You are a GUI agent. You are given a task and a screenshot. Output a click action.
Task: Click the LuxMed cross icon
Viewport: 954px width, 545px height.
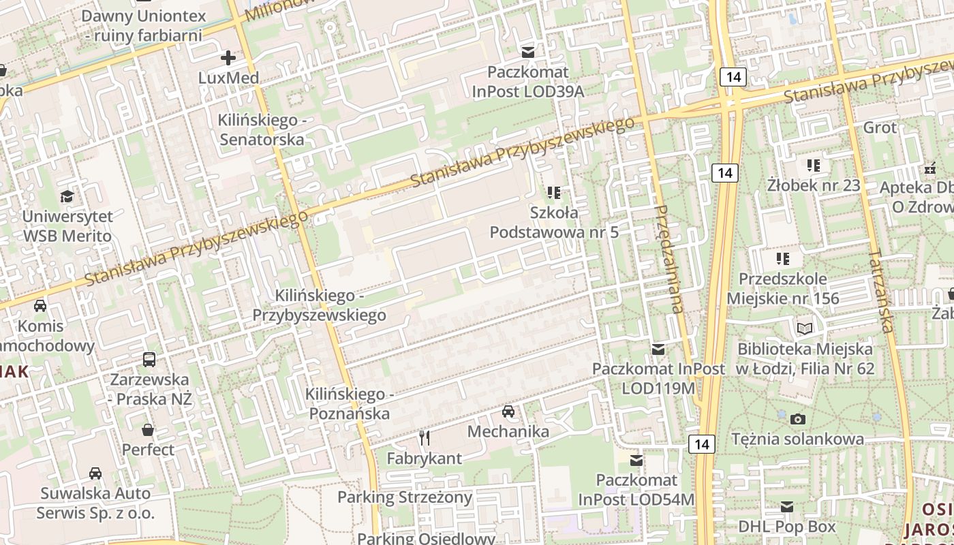click(x=228, y=57)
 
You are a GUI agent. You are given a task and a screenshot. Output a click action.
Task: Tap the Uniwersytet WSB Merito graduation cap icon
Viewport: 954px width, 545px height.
click(x=67, y=197)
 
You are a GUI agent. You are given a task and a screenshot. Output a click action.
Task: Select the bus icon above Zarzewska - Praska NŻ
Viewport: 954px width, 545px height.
click(x=149, y=359)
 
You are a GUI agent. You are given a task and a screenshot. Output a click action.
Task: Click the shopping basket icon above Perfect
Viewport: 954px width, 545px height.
click(x=148, y=430)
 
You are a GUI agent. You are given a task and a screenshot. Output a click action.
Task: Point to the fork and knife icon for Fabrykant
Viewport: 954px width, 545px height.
click(x=425, y=437)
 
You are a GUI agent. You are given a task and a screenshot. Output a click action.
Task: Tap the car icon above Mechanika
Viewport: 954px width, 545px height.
click(x=508, y=411)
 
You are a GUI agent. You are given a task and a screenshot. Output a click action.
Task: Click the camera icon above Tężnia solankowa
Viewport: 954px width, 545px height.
click(x=798, y=418)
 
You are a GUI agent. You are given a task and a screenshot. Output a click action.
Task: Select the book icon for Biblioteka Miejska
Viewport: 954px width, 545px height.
click(x=805, y=328)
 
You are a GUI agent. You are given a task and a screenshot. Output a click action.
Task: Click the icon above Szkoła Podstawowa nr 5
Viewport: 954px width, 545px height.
click(x=553, y=193)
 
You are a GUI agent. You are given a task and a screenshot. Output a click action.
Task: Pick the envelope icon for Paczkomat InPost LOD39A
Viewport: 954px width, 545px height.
click(x=527, y=52)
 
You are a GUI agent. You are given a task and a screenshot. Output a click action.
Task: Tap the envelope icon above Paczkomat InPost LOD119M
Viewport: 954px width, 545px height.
click(x=658, y=349)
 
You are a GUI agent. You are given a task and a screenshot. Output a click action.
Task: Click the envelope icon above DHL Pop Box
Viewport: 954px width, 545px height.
click(x=787, y=506)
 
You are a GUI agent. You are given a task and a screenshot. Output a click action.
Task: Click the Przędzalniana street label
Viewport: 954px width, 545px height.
click(x=667, y=259)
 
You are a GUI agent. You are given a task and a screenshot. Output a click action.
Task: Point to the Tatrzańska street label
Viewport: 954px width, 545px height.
click(x=880, y=292)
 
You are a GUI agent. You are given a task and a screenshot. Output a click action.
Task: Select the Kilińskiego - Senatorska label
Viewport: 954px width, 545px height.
click(x=260, y=129)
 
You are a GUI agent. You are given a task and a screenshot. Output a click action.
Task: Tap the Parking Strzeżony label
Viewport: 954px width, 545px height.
click(x=405, y=497)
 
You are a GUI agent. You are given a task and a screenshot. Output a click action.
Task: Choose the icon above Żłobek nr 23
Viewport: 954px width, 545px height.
click(x=813, y=165)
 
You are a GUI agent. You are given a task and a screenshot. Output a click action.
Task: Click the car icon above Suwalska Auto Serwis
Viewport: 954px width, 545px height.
click(x=95, y=473)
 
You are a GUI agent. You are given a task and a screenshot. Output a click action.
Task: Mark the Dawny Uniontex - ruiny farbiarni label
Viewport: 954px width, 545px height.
click(x=143, y=25)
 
